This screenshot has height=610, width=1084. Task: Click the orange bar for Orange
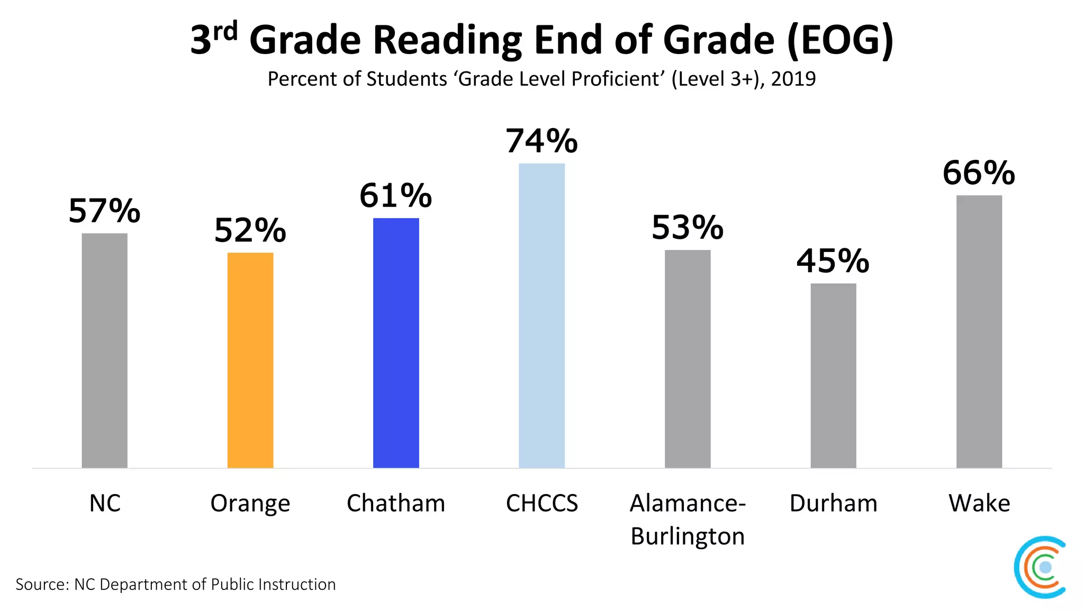coord(250,360)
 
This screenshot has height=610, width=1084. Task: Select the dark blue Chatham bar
coord(396,343)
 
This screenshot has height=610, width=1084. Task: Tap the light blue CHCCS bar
coord(541,316)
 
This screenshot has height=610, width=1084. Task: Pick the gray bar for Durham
coord(833,375)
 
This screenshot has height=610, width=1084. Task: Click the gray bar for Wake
coord(979,331)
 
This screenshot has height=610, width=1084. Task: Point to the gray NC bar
coord(104,351)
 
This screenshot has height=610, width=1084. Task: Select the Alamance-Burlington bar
coord(688,359)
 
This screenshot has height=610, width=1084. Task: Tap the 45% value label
coord(833,261)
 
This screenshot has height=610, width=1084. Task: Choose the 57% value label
coord(104,211)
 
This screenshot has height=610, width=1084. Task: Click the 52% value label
coord(250,230)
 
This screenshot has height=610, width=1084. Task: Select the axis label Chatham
coord(396,503)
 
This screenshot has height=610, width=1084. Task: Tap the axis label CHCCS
coord(541,503)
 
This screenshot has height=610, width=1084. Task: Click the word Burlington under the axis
coord(688,536)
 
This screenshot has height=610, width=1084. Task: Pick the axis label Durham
coord(833,503)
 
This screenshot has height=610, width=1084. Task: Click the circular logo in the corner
coord(1041,567)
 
